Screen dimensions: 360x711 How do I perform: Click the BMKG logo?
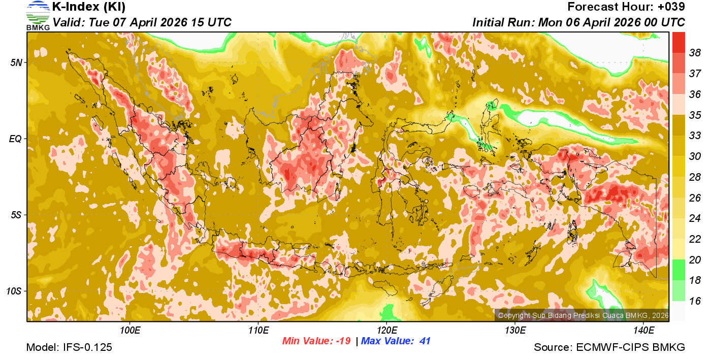tap(38, 15)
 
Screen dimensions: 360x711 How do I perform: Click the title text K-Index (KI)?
tap(89, 7)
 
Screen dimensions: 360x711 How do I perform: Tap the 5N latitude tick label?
tap(16, 62)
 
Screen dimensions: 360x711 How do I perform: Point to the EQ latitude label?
tap(15, 139)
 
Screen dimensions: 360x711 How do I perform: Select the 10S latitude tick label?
tap(14, 291)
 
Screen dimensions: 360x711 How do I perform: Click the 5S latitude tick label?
tap(16, 215)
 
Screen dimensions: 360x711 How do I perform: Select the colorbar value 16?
tap(695, 301)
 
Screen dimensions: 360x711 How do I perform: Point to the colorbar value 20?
tap(695, 259)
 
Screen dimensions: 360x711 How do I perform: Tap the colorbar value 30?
tap(695, 156)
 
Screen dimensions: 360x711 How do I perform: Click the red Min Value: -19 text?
tap(316, 341)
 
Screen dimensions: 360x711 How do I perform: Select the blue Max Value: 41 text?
tap(396, 341)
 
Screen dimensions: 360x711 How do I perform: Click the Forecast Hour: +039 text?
tap(626, 7)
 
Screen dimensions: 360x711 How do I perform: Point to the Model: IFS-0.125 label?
tap(69, 348)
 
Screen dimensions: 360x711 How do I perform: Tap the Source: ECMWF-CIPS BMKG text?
tap(609, 348)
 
